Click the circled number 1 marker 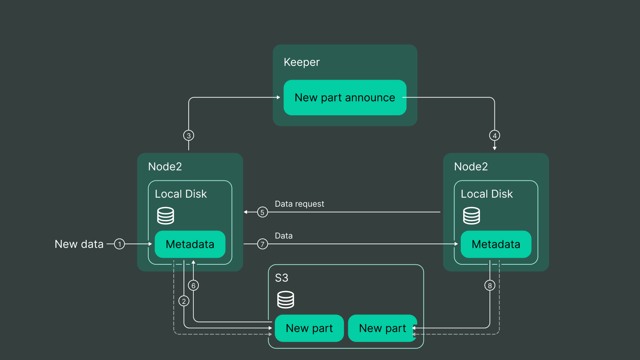120,244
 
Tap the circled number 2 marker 184,301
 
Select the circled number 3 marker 189,136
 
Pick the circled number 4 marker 495,136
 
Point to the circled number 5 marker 262,213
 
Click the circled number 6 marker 193,285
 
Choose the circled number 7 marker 262,244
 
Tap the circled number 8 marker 490,285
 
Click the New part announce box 345,98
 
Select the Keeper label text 302,62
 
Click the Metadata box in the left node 190,244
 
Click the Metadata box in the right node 496,244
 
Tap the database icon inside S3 285,300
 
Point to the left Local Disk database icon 165,216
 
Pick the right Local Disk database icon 471,216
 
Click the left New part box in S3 309,328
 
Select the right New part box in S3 382,328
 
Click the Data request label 299,204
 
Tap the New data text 79,244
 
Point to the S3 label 282,278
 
